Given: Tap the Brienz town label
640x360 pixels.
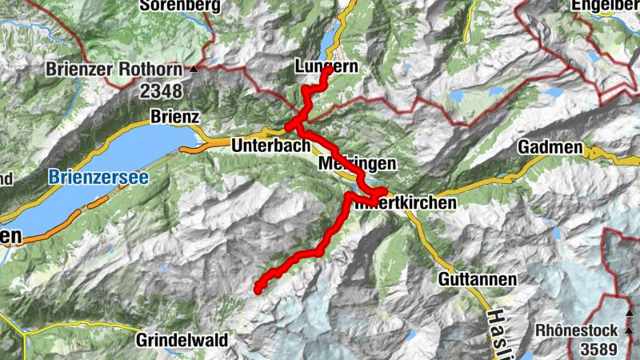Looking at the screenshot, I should coord(174,117).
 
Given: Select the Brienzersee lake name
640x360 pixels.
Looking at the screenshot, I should coord(98,178).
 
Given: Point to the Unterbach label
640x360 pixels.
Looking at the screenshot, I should coord(270,146).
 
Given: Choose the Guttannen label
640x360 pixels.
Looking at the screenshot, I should coord(477,279).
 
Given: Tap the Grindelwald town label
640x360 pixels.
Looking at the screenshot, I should coord(182,339).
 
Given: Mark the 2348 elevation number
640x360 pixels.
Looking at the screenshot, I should coord(162,92).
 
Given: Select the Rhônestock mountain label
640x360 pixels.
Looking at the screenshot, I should coord(576,330).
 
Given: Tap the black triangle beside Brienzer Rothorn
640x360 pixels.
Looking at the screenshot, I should coord(194,70).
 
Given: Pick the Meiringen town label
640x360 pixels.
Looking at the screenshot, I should coord(357,163).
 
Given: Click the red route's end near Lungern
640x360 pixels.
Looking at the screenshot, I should coord(329,71).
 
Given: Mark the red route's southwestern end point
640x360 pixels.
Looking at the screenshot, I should coord(258,290).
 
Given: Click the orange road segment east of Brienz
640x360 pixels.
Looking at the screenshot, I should coord(191,148).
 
